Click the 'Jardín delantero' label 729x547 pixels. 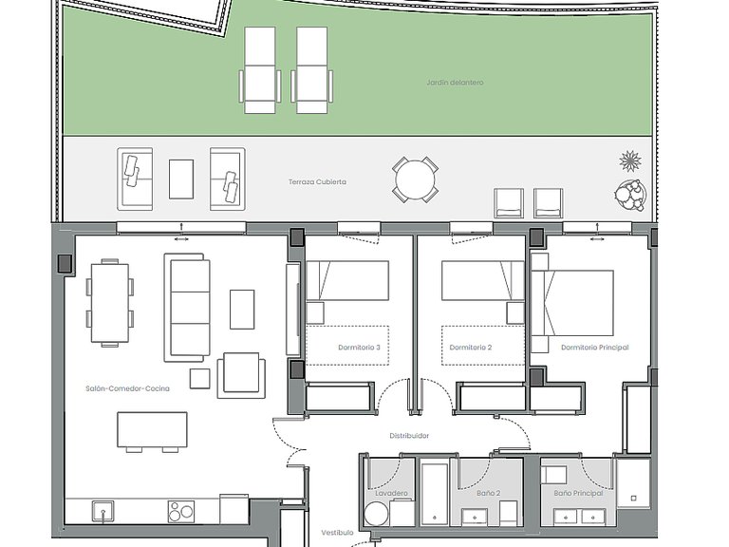456,83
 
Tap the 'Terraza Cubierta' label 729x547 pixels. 318,182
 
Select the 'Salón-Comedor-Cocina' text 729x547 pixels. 127,388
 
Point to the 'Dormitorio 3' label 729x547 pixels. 360,348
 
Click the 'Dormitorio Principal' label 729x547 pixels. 594,348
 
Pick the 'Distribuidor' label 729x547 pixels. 409,436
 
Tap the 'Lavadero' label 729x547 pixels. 391,493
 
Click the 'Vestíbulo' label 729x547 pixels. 338,533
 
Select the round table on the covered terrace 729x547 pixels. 415,180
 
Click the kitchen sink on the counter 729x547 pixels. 103,512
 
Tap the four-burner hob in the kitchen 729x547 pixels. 180,512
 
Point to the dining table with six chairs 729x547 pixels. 110,303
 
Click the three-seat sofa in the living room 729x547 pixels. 184,308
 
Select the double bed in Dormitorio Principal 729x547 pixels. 572,302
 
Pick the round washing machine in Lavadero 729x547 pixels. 377,514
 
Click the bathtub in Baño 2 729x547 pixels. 435,492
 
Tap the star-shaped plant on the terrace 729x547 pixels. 630,160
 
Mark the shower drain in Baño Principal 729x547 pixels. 633,499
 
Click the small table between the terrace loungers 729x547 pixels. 181,179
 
